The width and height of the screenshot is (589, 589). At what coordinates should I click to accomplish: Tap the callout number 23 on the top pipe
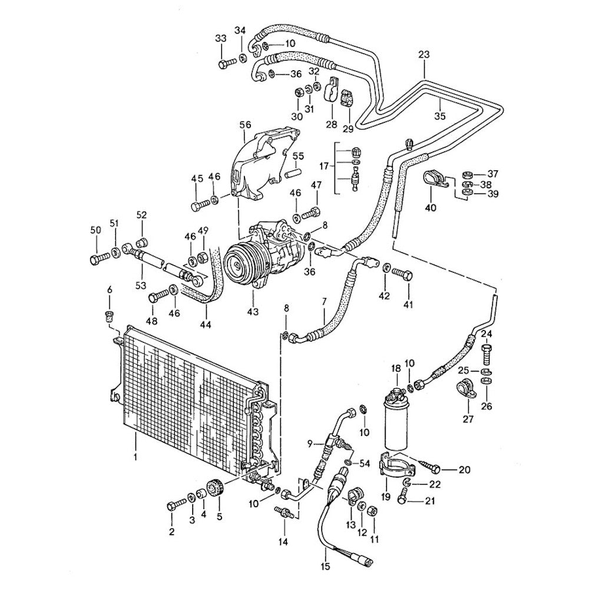tap(425, 55)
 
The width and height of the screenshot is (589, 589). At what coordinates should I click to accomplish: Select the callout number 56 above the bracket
tap(245, 125)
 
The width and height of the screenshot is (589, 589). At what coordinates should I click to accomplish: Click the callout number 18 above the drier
tap(396, 369)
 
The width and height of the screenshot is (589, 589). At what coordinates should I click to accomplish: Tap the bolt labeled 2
tap(175, 505)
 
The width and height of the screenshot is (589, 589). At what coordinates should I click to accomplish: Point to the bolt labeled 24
tap(487, 355)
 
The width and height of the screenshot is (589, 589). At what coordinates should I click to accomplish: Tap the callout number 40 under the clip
tap(431, 207)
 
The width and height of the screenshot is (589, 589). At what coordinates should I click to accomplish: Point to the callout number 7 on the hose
tap(323, 302)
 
